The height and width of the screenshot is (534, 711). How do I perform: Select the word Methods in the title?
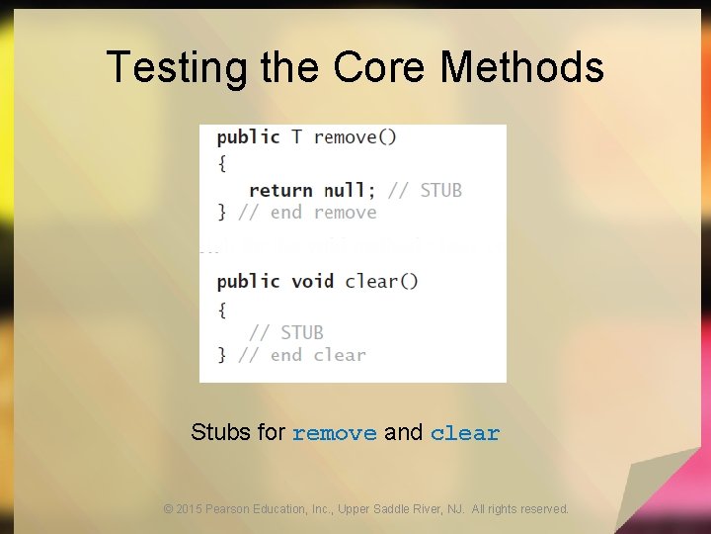tap(521, 68)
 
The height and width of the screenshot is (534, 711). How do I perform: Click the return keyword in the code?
tap(280, 190)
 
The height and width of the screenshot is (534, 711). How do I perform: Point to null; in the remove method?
tap(351, 190)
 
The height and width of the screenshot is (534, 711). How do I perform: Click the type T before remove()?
tap(296, 137)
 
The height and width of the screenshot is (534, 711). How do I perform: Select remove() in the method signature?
tap(355, 137)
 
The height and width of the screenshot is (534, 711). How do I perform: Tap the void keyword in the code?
tap(312, 281)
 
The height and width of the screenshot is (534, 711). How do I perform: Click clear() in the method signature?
tap(381, 281)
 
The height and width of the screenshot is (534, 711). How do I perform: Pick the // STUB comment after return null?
tap(426, 190)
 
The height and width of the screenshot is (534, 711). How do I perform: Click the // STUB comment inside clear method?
tap(286, 332)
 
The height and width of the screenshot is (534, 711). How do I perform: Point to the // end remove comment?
tap(308, 213)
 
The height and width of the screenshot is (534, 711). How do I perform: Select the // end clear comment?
tap(302, 355)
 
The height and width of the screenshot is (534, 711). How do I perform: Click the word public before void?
tap(248, 281)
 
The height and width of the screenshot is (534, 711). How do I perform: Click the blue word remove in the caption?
tap(335, 433)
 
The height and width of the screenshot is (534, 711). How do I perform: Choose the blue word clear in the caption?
tap(465, 433)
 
